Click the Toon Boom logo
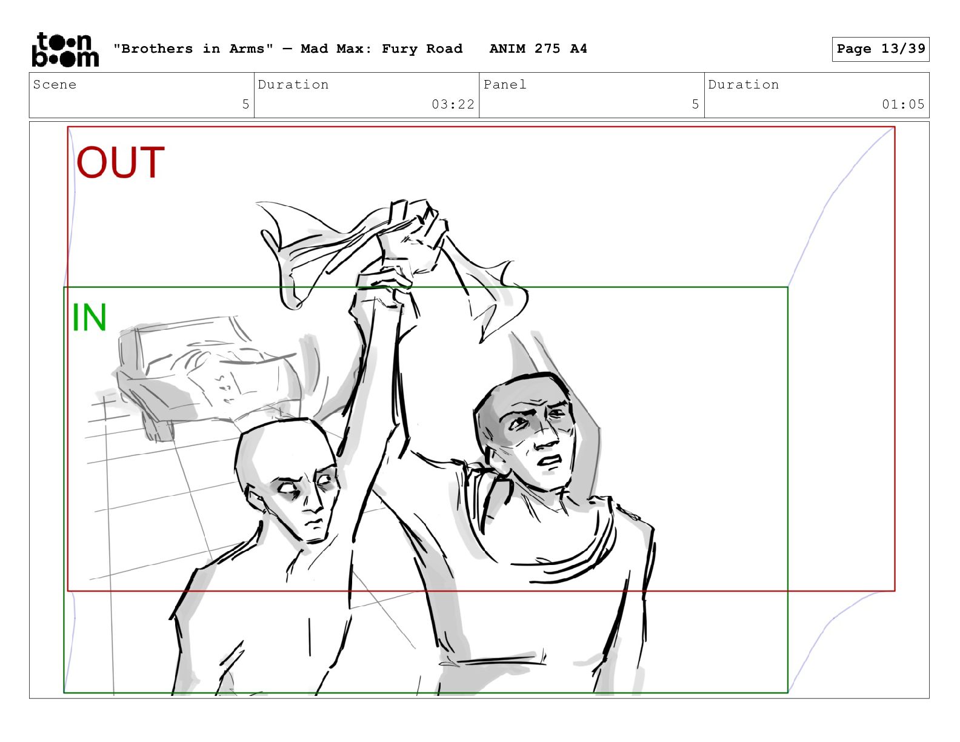click(65, 50)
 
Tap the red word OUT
click(121, 162)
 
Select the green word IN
click(89, 317)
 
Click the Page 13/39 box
click(881, 49)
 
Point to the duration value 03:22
click(453, 104)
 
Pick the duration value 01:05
click(903, 104)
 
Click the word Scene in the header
click(55, 84)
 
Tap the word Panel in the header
click(505, 84)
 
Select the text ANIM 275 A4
click(538, 48)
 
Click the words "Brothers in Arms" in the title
click(193, 48)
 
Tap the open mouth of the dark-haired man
click(550, 461)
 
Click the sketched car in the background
click(208, 376)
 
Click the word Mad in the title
click(314, 48)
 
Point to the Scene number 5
click(245, 104)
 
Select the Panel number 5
click(695, 104)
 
